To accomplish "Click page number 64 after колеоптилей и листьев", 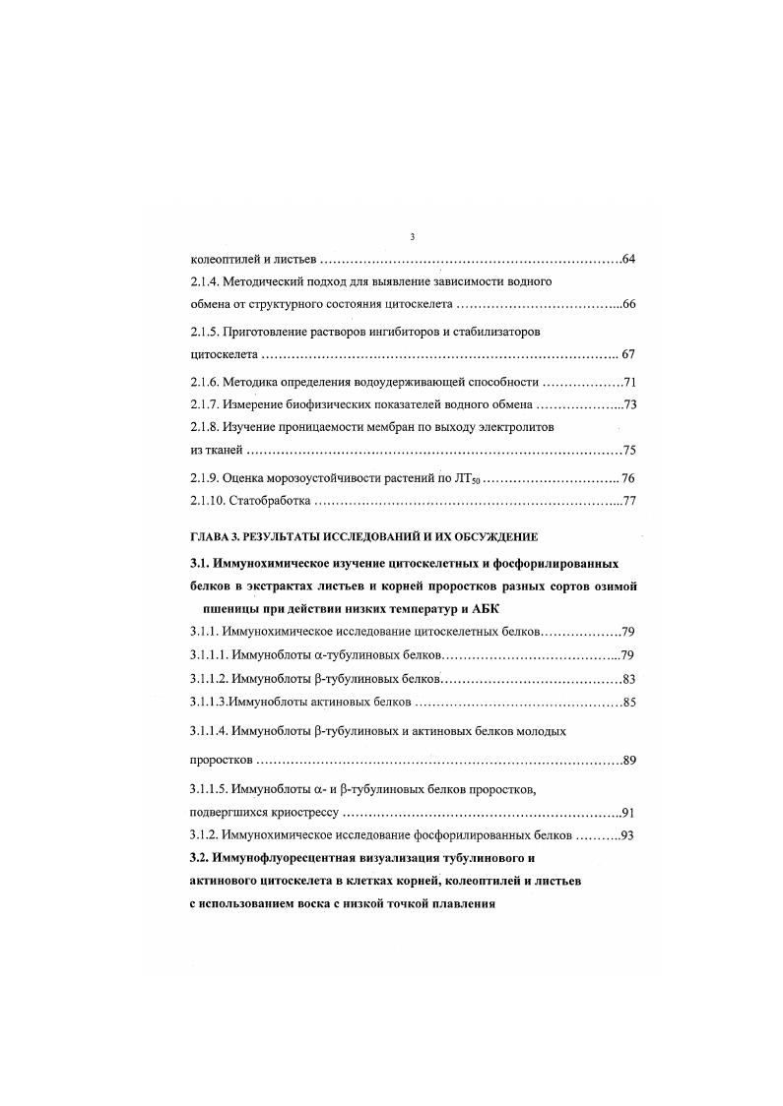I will tap(630, 260).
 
